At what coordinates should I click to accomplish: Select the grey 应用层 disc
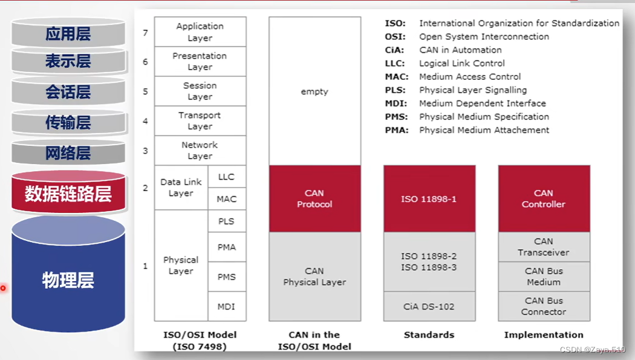68,34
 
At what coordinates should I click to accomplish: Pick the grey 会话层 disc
68,92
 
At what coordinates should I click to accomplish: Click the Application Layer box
200,32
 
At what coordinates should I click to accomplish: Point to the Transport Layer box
200,121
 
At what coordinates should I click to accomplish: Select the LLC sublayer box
227,177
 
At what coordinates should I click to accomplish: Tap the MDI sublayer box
227,307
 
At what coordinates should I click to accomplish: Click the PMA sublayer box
227,247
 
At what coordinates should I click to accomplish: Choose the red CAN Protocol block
314,199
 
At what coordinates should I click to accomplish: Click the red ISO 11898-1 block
429,199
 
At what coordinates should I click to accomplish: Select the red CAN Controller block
544,199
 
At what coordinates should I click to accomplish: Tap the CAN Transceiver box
544,247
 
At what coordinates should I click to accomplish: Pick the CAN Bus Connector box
544,306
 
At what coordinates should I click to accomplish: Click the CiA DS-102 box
429,307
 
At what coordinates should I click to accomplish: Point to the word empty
314,92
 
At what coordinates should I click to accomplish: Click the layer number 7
145,33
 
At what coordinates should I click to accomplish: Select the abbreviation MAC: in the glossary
396,77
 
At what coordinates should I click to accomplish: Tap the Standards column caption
429,335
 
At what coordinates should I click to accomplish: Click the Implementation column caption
544,335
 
